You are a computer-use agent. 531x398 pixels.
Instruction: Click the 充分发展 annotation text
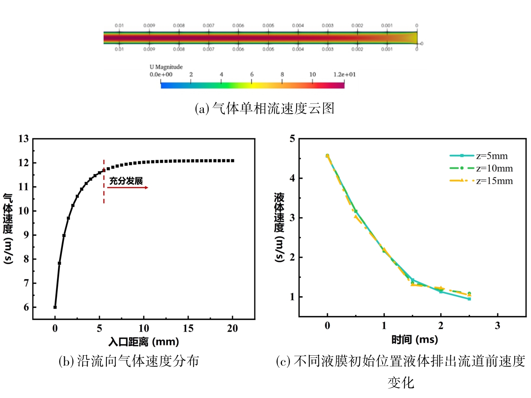coord(126,181)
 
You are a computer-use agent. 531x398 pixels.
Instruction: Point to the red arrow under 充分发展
coord(128,188)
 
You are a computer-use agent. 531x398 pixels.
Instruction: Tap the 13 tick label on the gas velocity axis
coord(24,139)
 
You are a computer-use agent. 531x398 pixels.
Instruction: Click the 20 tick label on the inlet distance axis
coord(232,328)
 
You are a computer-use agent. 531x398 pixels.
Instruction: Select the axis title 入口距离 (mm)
coord(144,342)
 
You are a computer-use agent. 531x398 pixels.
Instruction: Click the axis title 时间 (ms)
coord(414,340)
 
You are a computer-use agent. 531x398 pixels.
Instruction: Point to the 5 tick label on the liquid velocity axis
coord(292,139)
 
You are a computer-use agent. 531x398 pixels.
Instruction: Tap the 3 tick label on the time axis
coord(497,325)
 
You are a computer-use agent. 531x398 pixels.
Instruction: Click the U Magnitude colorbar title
coord(166,67)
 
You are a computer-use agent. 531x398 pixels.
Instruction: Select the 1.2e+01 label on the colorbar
coord(344,74)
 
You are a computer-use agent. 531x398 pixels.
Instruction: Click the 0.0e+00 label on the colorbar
coord(161,74)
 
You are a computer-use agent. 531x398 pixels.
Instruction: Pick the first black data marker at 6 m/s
coord(55,307)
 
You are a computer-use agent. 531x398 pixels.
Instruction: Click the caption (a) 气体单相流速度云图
coord(265,108)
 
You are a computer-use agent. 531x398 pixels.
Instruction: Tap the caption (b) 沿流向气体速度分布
coord(129,361)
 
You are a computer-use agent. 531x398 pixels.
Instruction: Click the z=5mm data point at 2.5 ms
coord(469,299)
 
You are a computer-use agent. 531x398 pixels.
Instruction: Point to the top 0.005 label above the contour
coord(268,26)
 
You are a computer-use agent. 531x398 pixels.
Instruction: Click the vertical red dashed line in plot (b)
coord(104,182)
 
